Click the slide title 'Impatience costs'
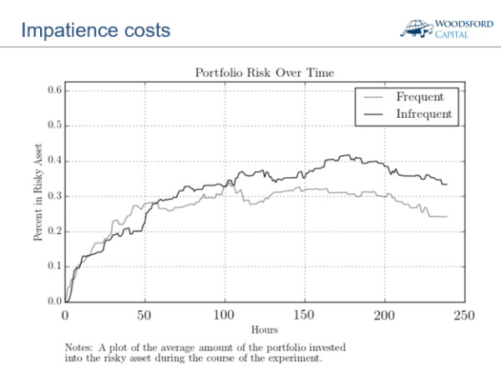point(96,31)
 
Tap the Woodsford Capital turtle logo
point(417,28)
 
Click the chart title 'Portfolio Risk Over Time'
point(264,72)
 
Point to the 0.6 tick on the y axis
point(54,90)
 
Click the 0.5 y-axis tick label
point(54,125)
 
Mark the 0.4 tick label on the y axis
point(54,161)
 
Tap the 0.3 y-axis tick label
point(54,196)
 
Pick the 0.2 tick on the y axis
point(54,231)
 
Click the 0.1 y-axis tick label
point(54,266)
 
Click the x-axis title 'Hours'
point(264,330)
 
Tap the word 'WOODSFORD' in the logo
point(458,23)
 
